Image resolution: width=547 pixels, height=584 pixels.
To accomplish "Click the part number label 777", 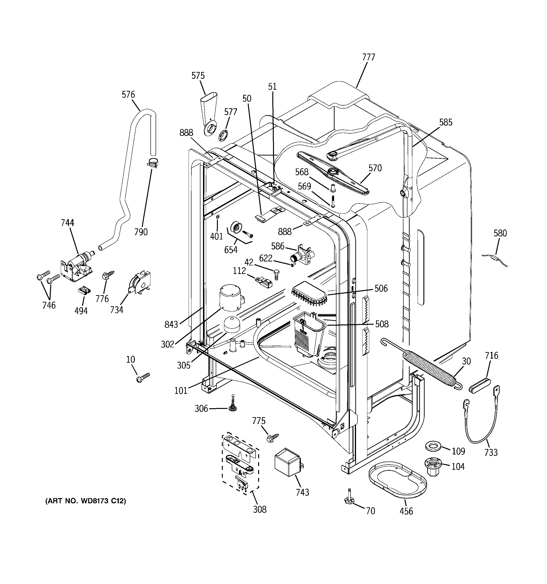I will tap(369, 57).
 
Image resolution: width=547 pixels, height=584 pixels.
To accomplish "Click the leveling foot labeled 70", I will tap(349, 499).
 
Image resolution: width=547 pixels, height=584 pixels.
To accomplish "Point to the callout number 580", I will tap(500, 233).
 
